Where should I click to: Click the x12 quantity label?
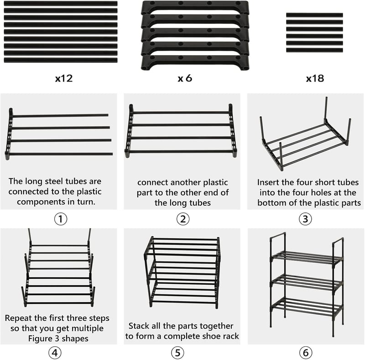pos(64,78)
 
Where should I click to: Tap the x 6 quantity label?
pos(185,78)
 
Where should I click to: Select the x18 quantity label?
pos(315,78)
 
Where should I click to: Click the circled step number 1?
pos(61,219)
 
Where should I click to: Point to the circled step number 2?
pos(183,219)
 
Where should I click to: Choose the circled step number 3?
pos(305,219)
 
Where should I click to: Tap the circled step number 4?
pos(55,353)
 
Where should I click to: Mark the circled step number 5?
pos(177,353)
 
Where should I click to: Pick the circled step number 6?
pos(305,353)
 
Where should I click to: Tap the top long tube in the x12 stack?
pos(61,4)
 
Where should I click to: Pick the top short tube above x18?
pos(314,15)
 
